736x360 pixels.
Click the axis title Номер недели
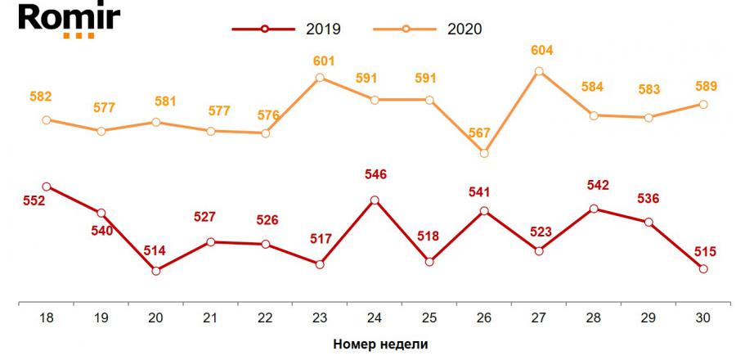pyautogui.click(x=380, y=344)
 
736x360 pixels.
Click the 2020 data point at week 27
pyautogui.click(x=539, y=71)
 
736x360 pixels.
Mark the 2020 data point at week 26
pyautogui.click(x=484, y=153)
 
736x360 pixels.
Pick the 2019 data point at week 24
pyautogui.click(x=375, y=200)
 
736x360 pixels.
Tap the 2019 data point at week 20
pyautogui.click(x=155, y=270)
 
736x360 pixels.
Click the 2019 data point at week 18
pyautogui.click(x=46, y=187)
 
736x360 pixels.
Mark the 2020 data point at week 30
pyautogui.click(x=703, y=104)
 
